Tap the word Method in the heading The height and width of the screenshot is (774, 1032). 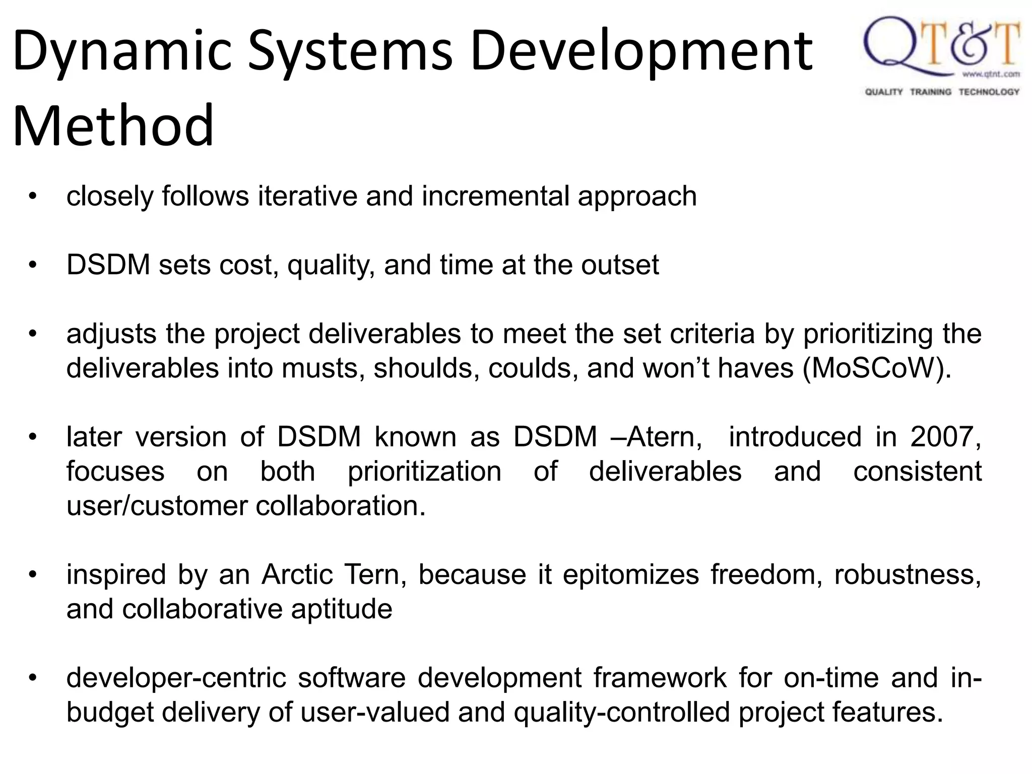click(x=113, y=126)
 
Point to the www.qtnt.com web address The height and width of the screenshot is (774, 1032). click(x=991, y=75)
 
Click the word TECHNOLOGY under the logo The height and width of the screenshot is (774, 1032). click(x=989, y=92)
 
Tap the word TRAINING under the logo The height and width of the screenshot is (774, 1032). click(x=931, y=92)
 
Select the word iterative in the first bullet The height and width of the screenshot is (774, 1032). click(x=307, y=196)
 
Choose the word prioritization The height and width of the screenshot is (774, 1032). click(x=424, y=472)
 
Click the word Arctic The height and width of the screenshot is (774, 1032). click(x=297, y=574)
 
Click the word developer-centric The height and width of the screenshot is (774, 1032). click(x=176, y=678)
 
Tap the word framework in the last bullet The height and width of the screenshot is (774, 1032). click(x=660, y=678)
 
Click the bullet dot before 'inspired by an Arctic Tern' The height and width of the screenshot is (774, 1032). click(x=33, y=574)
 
